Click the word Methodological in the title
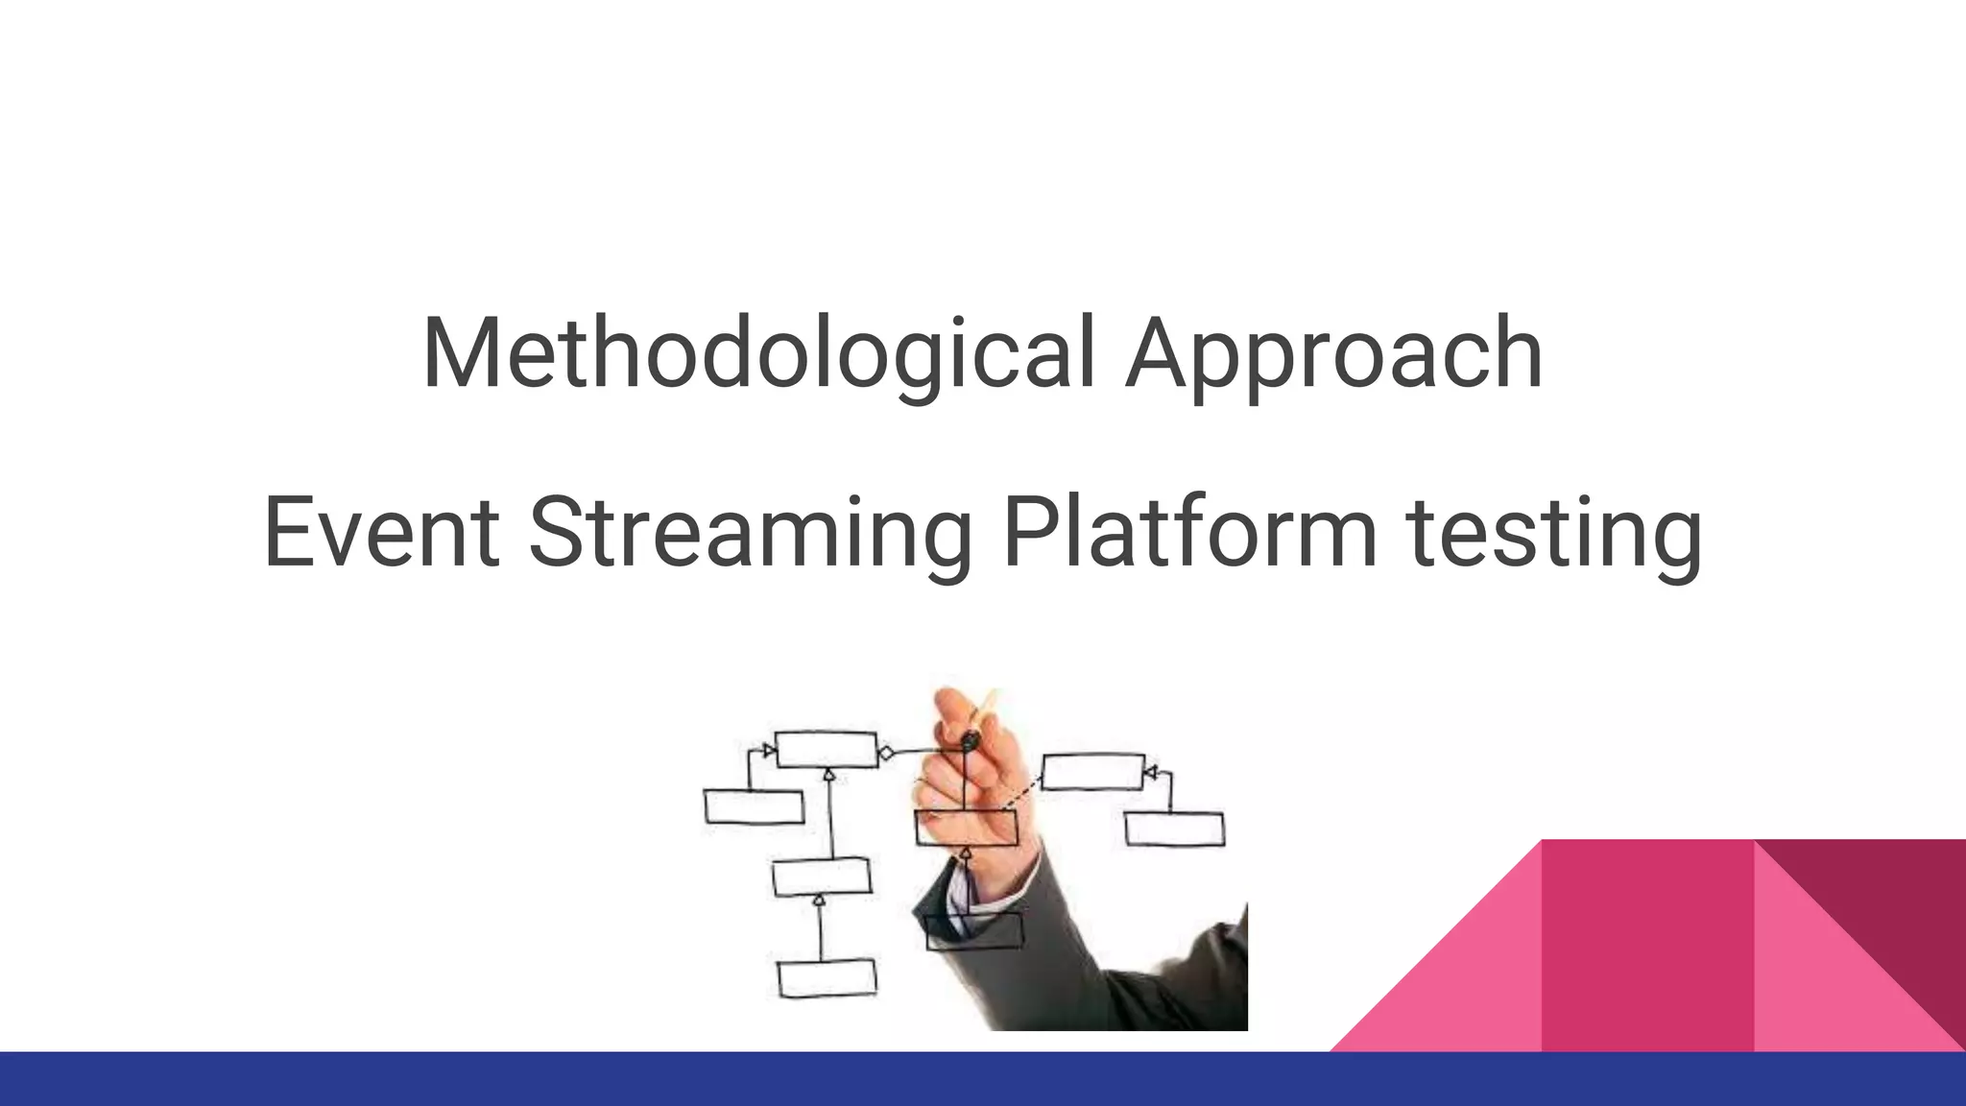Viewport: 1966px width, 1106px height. (758, 352)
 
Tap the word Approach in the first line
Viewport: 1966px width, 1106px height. (1333, 352)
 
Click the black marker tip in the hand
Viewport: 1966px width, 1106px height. (971, 740)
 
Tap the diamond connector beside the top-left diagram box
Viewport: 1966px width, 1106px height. (886, 754)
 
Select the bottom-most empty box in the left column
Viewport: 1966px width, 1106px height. (827, 978)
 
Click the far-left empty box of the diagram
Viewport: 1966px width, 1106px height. (754, 806)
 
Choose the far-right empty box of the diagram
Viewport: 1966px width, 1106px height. (1174, 829)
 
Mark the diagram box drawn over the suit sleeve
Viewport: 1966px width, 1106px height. (973, 930)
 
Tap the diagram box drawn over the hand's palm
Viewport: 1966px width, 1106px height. (966, 828)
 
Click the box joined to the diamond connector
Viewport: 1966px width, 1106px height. (826, 750)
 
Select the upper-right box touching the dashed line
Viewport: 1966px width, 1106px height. (1092, 772)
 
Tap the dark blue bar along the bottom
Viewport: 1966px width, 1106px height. (983, 1079)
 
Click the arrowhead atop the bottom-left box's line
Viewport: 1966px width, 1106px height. (819, 901)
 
